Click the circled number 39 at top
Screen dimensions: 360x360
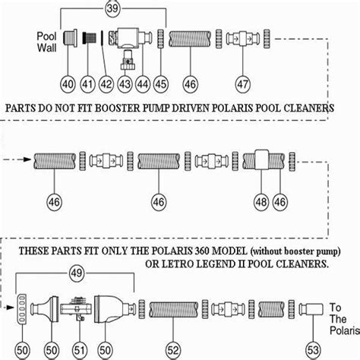click(x=114, y=10)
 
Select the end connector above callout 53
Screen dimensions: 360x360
click(x=295, y=308)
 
